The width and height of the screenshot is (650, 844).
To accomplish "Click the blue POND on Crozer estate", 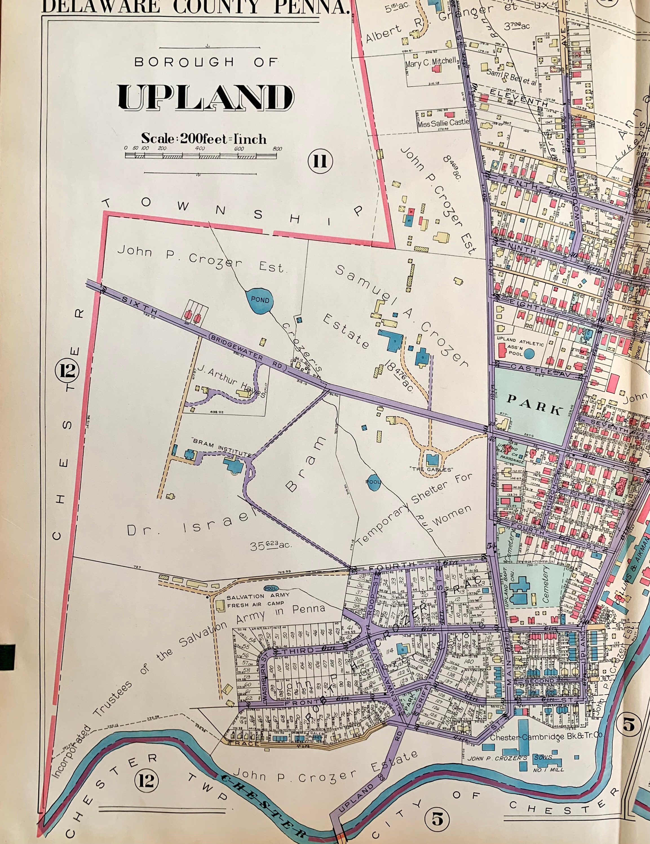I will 259,300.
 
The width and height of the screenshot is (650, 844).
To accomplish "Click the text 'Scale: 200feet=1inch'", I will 204,138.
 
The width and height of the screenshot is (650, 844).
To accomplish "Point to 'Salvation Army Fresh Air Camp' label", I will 255,600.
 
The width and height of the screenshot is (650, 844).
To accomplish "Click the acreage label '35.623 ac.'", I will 270,546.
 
